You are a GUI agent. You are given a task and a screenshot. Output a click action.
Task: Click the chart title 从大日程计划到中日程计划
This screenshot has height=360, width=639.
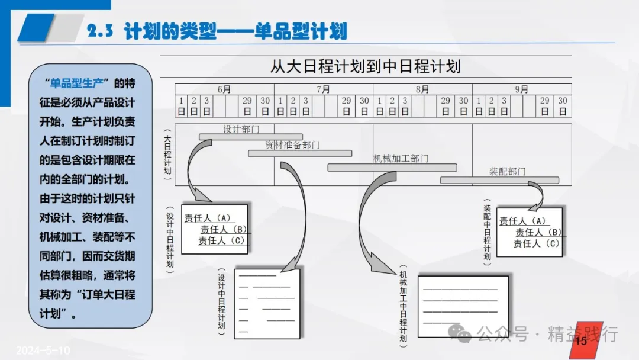point(365,65)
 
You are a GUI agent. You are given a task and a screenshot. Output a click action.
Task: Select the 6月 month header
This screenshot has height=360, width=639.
point(224,89)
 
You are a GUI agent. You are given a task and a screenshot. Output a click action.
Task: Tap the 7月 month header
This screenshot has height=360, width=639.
point(323,89)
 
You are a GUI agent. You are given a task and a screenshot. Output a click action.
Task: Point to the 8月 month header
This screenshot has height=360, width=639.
point(422,89)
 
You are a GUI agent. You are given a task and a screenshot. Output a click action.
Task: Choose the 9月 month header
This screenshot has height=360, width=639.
point(521,89)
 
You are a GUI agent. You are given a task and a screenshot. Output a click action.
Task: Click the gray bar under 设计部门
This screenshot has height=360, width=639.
point(250,137)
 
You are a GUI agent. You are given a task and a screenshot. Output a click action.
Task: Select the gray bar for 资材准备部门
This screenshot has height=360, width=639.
point(299,153)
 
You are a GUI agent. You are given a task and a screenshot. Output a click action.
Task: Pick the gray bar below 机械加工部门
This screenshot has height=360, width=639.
point(392,168)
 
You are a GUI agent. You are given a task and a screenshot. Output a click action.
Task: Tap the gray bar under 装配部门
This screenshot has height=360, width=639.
point(499,180)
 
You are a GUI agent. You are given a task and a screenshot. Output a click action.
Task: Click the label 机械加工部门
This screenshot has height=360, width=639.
point(401,158)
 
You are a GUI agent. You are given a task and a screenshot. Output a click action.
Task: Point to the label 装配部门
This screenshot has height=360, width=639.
point(507,171)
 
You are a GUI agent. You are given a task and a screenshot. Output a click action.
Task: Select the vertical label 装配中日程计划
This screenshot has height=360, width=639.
point(487,231)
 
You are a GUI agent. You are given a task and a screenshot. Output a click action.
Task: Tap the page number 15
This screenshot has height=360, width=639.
point(580,340)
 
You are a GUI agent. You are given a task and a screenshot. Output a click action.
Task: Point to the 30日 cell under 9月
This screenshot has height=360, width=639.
point(563,106)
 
